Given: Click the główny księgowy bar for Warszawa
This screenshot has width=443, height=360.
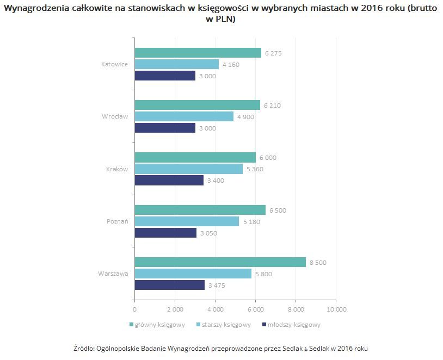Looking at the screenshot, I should click(220, 262).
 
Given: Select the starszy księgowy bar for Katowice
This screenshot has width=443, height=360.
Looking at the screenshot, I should click(176, 64).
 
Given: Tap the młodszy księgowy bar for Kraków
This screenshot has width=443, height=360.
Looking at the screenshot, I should click(169, 180).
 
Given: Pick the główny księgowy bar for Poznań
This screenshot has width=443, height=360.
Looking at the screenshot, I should click(200, 210).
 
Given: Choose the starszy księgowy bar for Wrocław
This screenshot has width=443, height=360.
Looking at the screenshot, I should click(184, 116).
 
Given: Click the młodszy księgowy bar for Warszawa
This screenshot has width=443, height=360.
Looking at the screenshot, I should click(169, 284).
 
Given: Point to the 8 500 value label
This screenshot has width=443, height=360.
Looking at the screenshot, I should click(318, 263).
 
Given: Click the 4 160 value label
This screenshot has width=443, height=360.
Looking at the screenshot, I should click(231, 65).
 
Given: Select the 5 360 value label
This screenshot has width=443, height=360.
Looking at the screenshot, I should click(255, 169).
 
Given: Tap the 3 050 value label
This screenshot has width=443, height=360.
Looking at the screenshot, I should click(208, 233).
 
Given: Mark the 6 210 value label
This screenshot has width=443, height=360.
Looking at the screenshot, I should click(272, 105).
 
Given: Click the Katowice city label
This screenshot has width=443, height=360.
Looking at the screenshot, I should click(114, 64).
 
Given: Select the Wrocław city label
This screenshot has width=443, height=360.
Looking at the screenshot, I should click(115, 116).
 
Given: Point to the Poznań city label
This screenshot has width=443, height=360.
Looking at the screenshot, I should click(117, 221).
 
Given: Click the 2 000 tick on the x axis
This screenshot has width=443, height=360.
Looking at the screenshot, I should click(175, 309).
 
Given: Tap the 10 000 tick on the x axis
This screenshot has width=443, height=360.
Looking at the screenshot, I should click(336, 309).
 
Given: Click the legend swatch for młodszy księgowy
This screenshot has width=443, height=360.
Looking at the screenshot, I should click(264, 325).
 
